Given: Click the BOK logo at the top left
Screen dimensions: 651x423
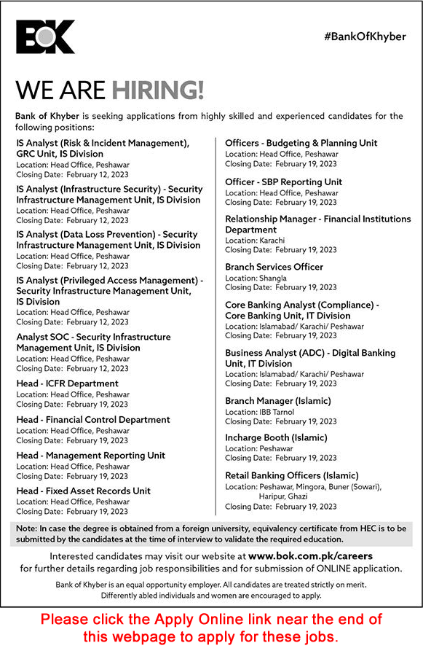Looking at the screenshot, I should [45, 36].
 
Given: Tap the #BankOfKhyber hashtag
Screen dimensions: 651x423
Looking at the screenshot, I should [366, 36].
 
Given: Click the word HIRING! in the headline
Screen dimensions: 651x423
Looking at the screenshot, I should [158, 90].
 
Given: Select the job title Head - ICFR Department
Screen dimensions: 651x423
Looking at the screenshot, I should [67, 383].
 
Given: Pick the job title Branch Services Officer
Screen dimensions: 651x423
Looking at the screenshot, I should [274, 267].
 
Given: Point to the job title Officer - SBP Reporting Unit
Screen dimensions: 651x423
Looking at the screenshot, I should [283, 182].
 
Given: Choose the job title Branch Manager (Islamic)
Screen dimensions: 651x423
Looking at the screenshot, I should [277, 401].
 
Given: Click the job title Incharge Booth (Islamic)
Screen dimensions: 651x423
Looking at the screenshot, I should [276, 437].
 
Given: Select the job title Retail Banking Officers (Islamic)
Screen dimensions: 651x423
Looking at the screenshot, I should [291, 475].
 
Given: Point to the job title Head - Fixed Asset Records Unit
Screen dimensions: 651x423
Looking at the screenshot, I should [83, 491].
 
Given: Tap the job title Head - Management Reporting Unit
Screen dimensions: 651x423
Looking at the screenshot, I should [90, 455].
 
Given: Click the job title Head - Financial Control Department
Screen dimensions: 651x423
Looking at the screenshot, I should [93, 419].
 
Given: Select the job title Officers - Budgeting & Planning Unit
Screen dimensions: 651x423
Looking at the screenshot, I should [301, 143].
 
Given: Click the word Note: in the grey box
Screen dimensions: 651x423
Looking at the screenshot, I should [26, 529].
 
